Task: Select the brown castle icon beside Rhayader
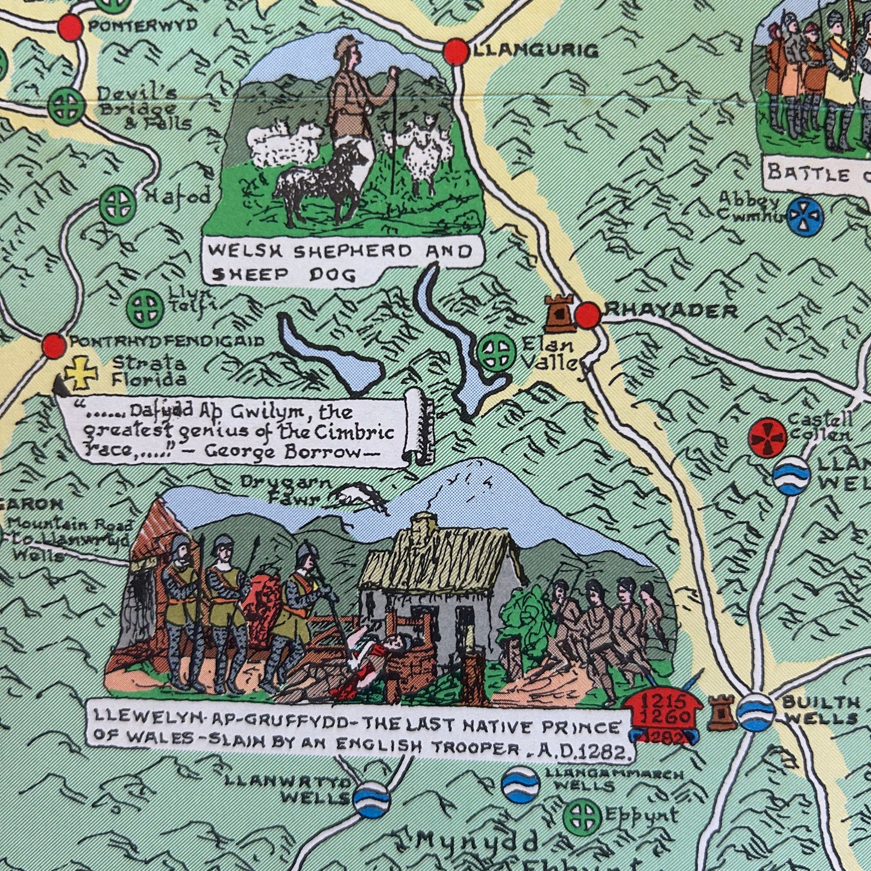[x=558, y=313]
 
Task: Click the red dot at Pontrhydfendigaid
[x=54, y=345]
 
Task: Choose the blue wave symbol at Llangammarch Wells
[x=520, y=785]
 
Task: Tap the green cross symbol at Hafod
[x=117, y=204]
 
